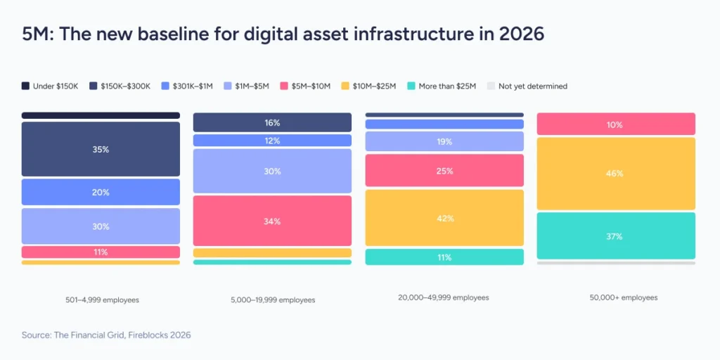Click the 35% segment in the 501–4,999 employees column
[x=101, y=149]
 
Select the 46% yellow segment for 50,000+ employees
[x=616, y=173]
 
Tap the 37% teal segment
[x=616, y=236]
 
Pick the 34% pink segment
[x=272, y=221]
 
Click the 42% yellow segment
[x=444, y=218]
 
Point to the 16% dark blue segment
[x=272, y=122]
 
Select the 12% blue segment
[x=272, y=141]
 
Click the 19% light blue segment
[x=444, y=141]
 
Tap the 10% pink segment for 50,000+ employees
[x=616, y=124]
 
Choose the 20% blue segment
[x=101, y=192]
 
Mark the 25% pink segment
[x=444, y=171]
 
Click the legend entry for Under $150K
[x=49, y=86]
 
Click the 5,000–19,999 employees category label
[x=273, y=300]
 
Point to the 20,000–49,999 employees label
[x=444, y=297]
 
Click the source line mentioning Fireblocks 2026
[x=106, y=335]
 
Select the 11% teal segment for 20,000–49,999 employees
[x=444, y=257]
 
